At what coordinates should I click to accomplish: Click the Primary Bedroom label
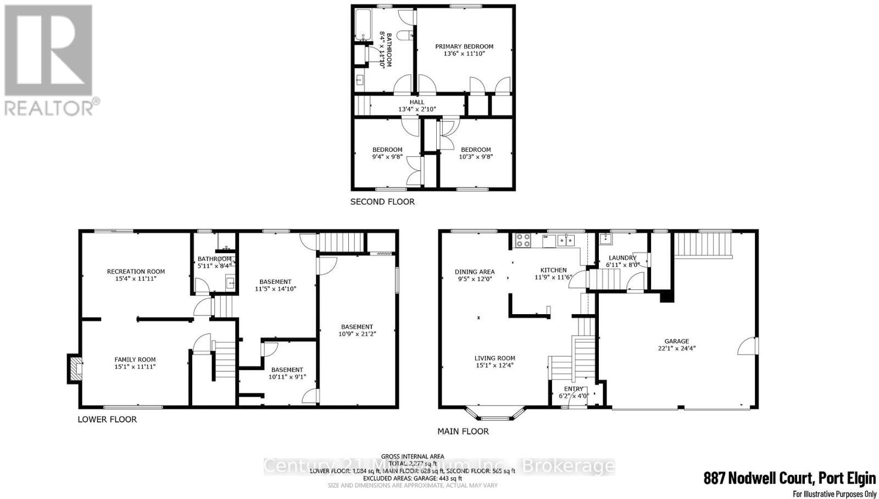(464, 47)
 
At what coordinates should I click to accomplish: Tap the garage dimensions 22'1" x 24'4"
(676, 348)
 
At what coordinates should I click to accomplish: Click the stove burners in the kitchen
(522, 240)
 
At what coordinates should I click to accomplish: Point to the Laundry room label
(622, 257)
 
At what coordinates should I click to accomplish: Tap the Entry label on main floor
(573, 389)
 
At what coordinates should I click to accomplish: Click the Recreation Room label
(136, 271)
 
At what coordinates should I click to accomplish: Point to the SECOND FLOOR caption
(382, 202)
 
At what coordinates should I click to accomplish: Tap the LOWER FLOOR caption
(107, 419)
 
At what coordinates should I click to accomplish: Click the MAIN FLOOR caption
(463, 431)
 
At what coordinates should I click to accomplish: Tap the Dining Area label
(475, 272)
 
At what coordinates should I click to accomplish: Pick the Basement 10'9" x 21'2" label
(357, 327)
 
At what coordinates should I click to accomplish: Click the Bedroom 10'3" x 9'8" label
(476, 150)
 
